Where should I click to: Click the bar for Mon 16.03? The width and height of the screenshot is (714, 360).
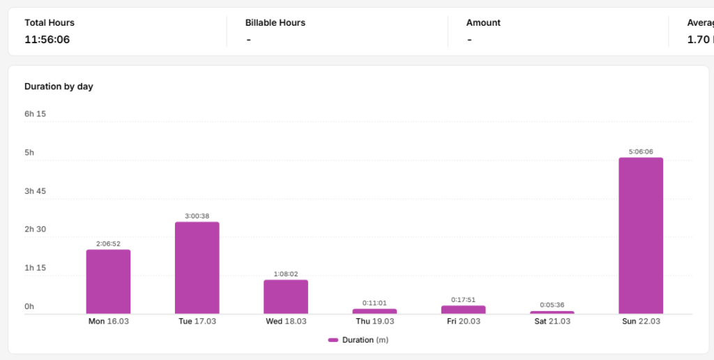[108, 282]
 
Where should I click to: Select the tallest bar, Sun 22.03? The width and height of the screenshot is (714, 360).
[641, 236]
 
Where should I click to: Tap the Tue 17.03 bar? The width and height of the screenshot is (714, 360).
[197, 268]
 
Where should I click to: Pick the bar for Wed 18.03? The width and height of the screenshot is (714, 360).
[286, 297]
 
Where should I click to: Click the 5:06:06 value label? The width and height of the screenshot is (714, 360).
[641, 152]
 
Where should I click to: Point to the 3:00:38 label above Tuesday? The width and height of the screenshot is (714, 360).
[197, 216]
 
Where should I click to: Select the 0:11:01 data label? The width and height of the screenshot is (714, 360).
[374, 303]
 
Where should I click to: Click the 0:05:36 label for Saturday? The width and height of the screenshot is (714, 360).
[552, 305]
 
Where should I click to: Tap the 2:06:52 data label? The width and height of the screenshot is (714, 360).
[108, 243]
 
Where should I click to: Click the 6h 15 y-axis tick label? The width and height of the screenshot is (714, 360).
[35, 114]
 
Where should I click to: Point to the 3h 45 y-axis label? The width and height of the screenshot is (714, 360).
[35, 191]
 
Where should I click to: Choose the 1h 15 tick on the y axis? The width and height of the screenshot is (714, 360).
[35, 267]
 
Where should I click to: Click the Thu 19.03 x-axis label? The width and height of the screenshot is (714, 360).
[374, 321]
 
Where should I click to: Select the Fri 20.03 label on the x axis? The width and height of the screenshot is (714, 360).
[464, 321]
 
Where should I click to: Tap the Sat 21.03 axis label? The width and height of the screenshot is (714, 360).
[552, 321]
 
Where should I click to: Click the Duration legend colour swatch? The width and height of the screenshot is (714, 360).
[333, 340]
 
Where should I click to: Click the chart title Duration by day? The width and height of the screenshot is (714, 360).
[59, 87]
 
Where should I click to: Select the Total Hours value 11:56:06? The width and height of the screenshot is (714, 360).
[47, 40]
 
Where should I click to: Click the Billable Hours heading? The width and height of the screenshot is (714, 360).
[275, 23]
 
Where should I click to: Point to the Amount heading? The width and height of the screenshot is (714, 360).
[483, 23]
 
